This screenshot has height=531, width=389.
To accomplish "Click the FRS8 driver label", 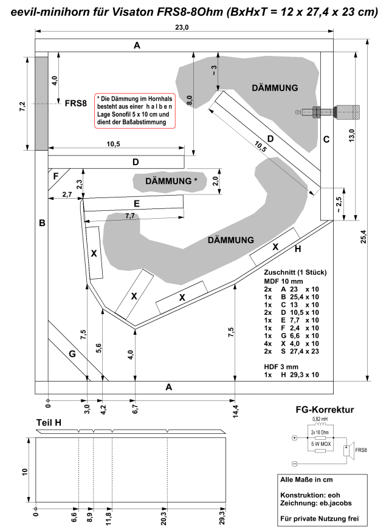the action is (75, 103).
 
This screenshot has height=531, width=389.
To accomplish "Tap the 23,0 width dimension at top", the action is (182, 27).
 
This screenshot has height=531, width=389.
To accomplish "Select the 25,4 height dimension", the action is (363, 236).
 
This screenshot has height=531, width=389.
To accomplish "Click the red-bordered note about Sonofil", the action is (135, 111).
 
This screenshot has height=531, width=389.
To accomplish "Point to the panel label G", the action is (72, 354).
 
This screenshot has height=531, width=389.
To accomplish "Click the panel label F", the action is (56, 176).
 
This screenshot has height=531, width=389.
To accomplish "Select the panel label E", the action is (137, 204).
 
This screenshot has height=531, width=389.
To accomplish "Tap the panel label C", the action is (326, 139).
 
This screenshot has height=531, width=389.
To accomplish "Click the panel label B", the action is (42, 223).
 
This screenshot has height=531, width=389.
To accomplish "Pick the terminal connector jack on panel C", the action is (328, 111).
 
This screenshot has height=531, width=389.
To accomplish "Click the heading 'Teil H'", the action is (49, 423).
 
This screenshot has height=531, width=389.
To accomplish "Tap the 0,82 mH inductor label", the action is (320, 419).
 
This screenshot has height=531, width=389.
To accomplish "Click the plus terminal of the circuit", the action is (294, 438).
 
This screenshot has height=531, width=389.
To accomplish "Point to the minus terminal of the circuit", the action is (294, 464).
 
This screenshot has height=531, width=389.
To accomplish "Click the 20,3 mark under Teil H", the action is (164, 517).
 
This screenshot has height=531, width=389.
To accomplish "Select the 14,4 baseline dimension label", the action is (235, 411).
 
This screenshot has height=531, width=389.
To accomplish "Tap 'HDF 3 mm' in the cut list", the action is (281, 367).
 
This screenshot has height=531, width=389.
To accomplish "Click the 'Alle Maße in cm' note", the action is (306, 479).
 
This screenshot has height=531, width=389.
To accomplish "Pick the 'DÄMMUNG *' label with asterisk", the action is (171, 181).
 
